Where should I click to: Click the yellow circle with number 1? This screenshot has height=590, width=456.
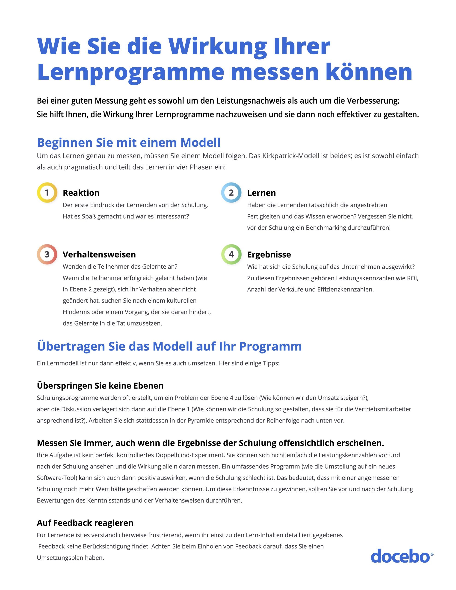(x=47, y=193)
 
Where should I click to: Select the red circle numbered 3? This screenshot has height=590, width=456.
(x=47, y=254)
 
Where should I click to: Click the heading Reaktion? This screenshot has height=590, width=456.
(x=81, y=193)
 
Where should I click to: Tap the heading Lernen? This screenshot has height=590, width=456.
(x=261, y=193)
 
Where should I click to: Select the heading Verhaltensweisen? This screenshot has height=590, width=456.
(x=99, y=255)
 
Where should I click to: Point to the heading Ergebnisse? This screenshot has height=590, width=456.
(x=269, y=255)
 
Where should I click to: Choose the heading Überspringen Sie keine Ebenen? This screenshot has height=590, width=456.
(x=100, y=386)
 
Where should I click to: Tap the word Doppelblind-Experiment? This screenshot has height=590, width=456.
(x=190, y=455)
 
